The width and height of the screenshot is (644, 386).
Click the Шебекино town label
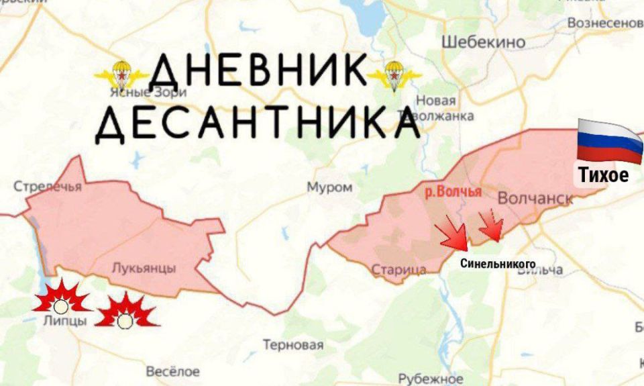coord(483,42)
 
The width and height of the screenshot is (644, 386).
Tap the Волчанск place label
coord(535,199)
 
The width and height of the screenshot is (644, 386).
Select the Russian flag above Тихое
coord(610,140)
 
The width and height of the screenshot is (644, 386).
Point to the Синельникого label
coord(498,264)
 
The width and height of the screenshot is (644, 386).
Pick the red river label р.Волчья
coord(453,192)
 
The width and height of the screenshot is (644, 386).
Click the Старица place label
coord(398,270)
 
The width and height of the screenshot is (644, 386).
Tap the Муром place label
coord(329,187)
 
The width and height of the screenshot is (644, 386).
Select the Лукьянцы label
coord(144,269)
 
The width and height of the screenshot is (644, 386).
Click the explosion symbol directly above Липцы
coord(61,299)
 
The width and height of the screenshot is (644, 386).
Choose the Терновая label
coord(293,346)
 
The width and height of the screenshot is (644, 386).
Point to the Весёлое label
coord(172,371)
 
